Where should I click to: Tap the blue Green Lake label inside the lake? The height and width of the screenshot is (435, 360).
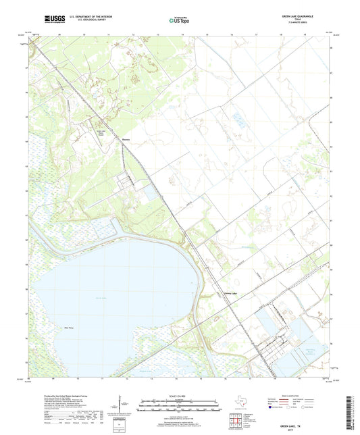click(x=101, y=299)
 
